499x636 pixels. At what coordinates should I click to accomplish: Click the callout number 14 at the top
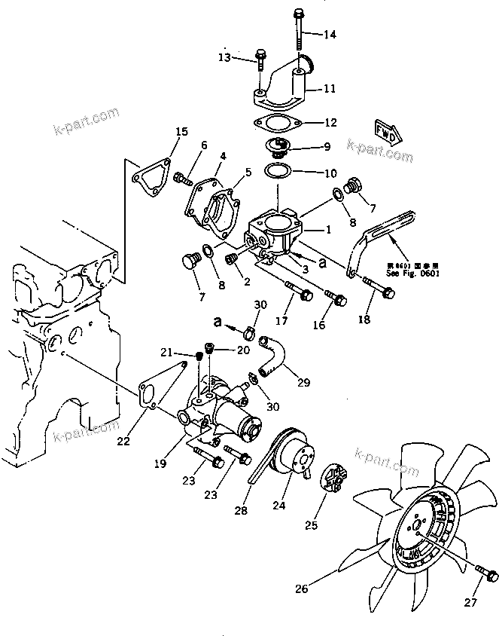330,35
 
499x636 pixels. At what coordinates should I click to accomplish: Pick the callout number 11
330,89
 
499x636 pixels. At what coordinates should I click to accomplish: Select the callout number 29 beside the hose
303,383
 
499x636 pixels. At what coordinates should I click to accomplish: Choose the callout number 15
182,133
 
